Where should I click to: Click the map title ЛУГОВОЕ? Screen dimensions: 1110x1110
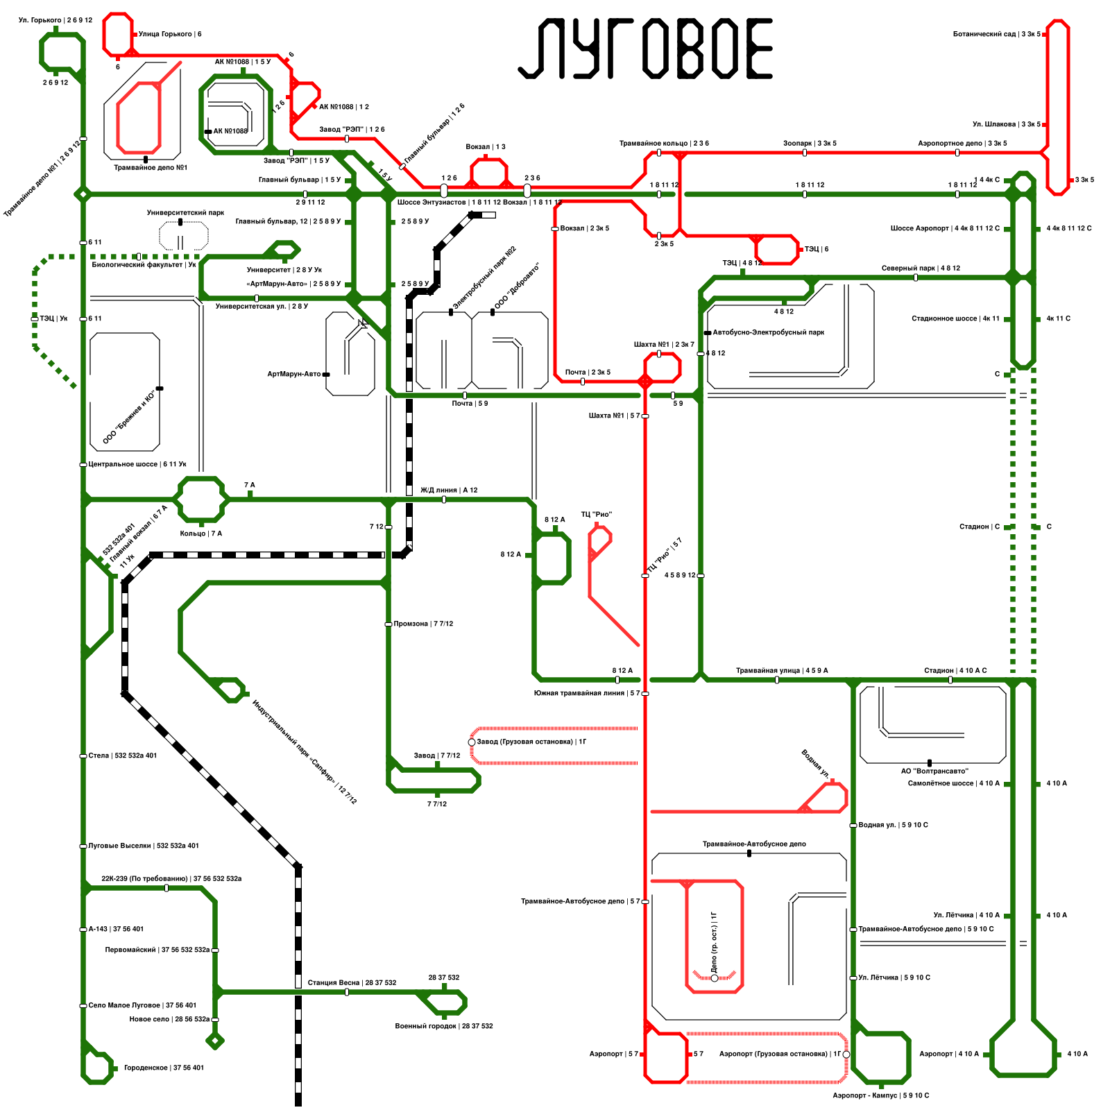[645, 49]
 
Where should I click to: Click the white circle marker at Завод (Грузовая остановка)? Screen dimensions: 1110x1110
[472, 742]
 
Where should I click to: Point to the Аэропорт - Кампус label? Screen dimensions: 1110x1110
[880, 1095]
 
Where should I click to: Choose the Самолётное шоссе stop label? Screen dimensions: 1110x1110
[954, 783]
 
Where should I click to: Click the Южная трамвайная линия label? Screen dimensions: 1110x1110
[587, 693]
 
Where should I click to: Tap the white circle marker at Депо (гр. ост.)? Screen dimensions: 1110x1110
[715, 978]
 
